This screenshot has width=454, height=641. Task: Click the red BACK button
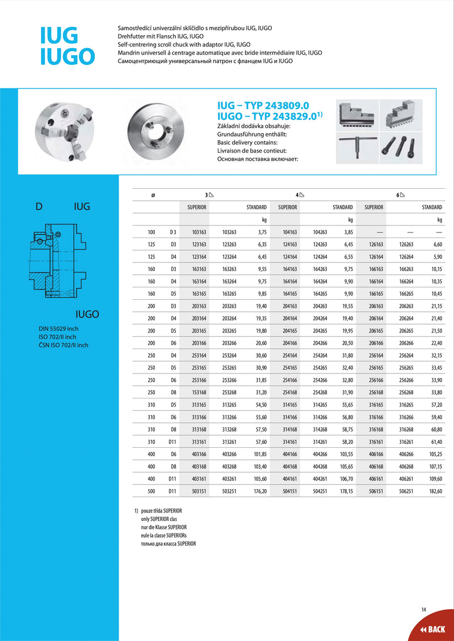(433, 629)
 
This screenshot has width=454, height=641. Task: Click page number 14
(423, 609)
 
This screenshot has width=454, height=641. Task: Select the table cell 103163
(199, 232)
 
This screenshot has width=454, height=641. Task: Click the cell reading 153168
(199, 392)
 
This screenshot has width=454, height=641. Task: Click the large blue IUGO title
(67, 57)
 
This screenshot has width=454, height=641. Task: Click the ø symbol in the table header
(153, 195)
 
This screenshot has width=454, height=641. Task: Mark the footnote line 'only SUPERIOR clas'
(161, 519)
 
